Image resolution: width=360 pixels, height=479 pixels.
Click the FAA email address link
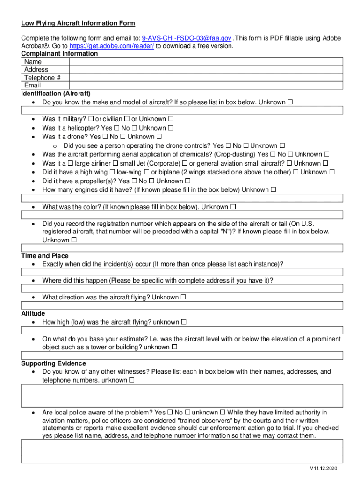tap(187, 38)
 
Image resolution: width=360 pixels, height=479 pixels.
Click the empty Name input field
tap(206, 62)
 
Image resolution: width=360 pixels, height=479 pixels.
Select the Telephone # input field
tap(206, 78)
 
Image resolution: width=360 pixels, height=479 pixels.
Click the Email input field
tap(206, 86)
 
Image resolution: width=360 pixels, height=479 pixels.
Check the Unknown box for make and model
tap(290, 102)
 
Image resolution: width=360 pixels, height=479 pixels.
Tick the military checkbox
tap(91, 119)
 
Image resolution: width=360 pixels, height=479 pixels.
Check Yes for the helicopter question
tap(117, 128)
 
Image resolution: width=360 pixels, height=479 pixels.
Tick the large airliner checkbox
tap(70, 163)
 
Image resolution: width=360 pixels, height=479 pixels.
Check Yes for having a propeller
tap(134, 181)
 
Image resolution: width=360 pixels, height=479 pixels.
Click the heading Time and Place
tap(45, 256)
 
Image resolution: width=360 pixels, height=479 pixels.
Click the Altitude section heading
tap(33, 313)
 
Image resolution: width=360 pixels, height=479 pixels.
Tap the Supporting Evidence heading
tap(54, 363)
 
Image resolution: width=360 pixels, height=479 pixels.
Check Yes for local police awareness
tap(170, 413)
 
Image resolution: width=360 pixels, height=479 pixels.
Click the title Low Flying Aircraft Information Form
tap(78, 23)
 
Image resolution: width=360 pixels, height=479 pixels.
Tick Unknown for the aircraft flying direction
tap(183, 297)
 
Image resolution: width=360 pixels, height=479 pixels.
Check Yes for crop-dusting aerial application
tap(273, 154)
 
